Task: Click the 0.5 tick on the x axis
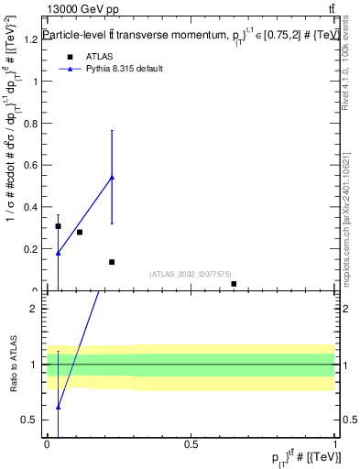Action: [x=191, y=444]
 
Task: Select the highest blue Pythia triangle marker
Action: [x=112, y=177]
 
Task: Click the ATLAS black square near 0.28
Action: [x=80, y=232]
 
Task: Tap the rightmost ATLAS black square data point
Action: [x=234, y=284]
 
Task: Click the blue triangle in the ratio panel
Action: [x=58, y=407]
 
